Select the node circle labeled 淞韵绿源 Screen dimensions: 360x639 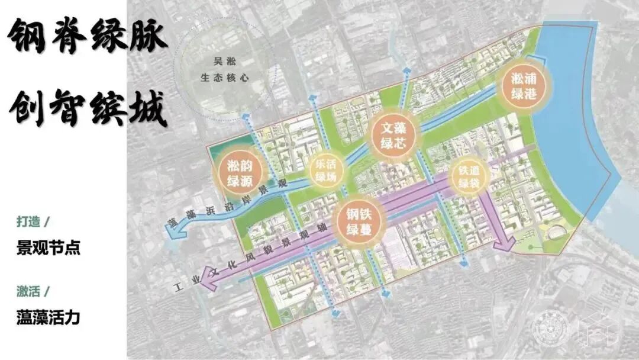click(x=239, y=172)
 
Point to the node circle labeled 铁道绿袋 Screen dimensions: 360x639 click(x=467, y=176)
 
